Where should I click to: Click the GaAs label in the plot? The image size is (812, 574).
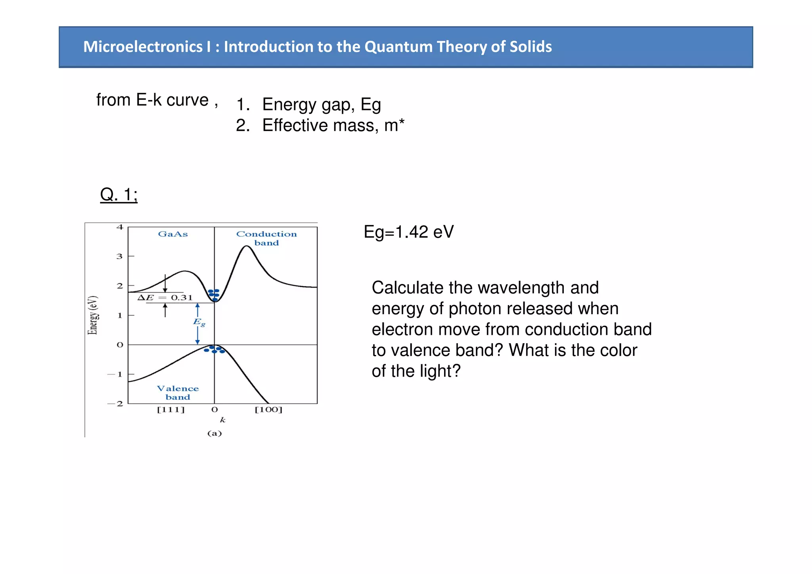click(x=173, y=234)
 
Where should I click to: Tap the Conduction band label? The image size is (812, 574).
click(x=266, y=238)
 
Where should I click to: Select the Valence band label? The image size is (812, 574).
click(x=178, y=393)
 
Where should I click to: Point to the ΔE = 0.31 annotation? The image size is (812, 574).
click(x=165, y=298)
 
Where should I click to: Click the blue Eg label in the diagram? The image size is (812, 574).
click(x=199, y=322)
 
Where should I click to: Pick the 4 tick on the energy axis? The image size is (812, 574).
click(x=120, y=227)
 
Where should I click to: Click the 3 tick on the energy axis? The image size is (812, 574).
click(x=120, y=256)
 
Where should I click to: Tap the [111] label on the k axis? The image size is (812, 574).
click(x=171, y=410)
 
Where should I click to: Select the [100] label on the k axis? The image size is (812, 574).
click(x=268, y=410)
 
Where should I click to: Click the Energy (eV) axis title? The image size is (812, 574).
click(x=92, y=315)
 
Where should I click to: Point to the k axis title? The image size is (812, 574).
click(x=222, y=420)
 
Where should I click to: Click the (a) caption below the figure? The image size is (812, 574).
click(x=214, y=433)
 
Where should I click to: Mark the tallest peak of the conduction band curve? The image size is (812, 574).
click(x=247, y=246)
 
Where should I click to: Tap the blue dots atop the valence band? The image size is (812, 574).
click(x=214, y=349)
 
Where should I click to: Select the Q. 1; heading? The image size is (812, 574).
click(x=119, y=195)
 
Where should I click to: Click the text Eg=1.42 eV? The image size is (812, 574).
click(x=408, y=232)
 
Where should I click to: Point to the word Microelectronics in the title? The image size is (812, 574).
click(x=143, y=47)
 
